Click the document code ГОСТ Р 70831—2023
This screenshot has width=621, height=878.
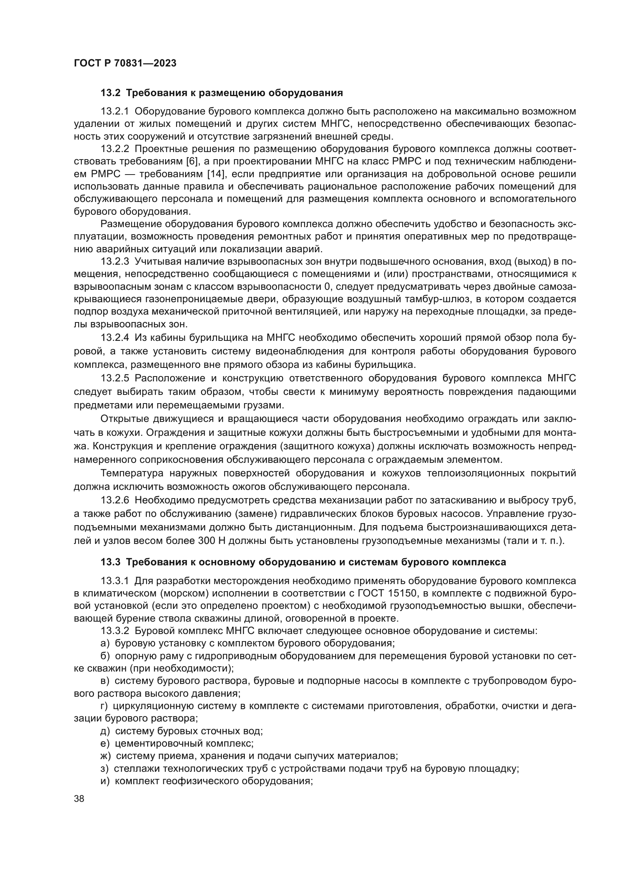(125, 63)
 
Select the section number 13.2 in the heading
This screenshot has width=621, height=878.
(110, 93)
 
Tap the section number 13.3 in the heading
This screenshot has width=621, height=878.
(110, 562)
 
